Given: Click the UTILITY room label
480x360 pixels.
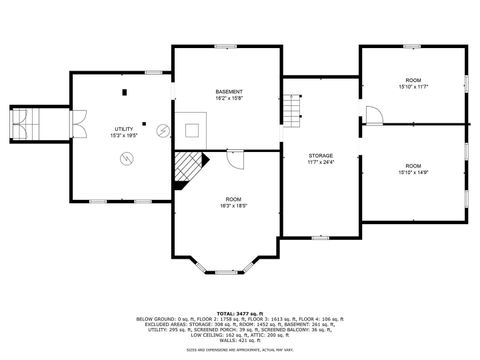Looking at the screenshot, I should (x=124, y=129).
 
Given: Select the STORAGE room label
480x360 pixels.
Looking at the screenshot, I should (x=320, y=155).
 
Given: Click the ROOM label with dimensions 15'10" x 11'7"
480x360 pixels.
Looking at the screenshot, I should (x=413, y=79).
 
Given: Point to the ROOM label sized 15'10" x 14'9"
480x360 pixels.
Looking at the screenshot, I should (x=413, y=165).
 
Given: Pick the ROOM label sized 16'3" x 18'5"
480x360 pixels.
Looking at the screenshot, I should (x=233, y=199).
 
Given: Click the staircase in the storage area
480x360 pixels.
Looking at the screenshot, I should (x=291, y=109).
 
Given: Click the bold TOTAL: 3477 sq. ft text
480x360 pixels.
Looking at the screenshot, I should (x=240, y=314).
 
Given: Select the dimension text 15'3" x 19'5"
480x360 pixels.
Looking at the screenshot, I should (x=124, y=135).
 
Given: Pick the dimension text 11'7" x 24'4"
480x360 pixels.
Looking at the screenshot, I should (x=320, y=161).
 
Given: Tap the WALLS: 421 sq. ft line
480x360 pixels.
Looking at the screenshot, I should (x=240, y=339).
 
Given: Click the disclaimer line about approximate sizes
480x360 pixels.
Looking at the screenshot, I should (x=240, y=349).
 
